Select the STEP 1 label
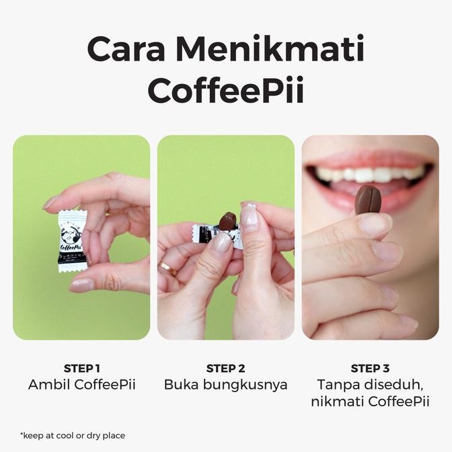click(81, 368)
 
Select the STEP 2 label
click(226, 368)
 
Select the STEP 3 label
click(370, 368)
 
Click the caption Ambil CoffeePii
click(81, 385)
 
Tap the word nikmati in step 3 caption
click(337, 402)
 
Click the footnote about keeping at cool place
click(73, 435)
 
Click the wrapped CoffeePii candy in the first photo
click(71, 241)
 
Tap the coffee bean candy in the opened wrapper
click(227, 221)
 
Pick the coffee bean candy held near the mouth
click(368, 199)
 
